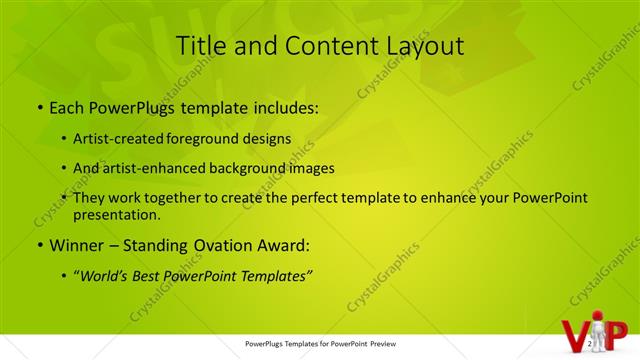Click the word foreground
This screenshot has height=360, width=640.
[227, 139]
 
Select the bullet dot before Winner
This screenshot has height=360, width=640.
[39, 245]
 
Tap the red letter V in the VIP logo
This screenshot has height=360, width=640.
[576, 337]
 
